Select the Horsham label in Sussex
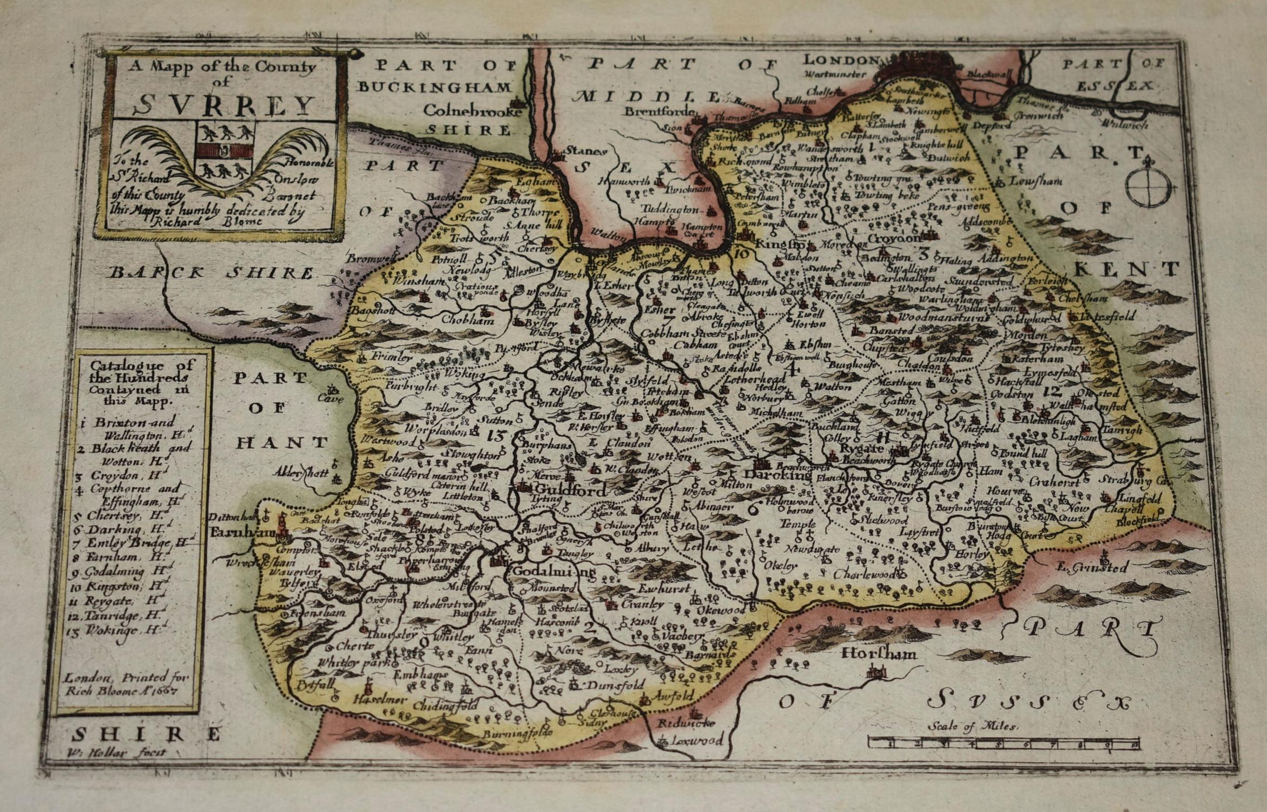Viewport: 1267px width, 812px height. (879, 654)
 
